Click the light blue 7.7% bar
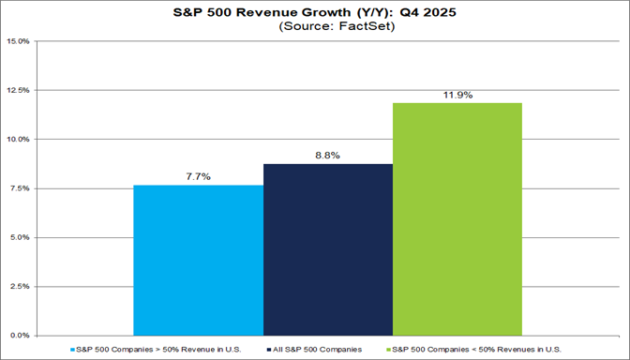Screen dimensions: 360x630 [x=199, y=260]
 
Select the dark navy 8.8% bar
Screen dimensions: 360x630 [x=328, y=249]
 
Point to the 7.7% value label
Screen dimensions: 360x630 [x=199, y=175]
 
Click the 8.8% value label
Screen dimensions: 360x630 [x=328, y=155]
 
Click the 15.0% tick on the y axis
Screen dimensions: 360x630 [x=19, y=42]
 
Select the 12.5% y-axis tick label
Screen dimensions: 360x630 [x=19, y=91]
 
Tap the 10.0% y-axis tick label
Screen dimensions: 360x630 [x=19, y=140]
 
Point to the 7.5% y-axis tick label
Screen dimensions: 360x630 [x=20, y=188]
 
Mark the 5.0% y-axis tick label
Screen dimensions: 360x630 [x=20, y=237]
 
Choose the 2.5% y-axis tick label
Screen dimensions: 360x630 [x=20, y=286]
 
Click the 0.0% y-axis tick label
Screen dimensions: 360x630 [x=20, y=335]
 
